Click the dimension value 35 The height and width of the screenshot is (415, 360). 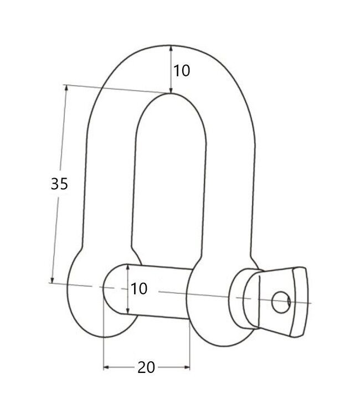[59, 184]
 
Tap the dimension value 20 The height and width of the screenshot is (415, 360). [147, 367]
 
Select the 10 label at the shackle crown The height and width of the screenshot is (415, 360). [182, 71]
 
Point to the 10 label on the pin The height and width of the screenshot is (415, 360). [140, 288]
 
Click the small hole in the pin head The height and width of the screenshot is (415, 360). [281, 302]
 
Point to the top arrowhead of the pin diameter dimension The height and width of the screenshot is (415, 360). [128, 267]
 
